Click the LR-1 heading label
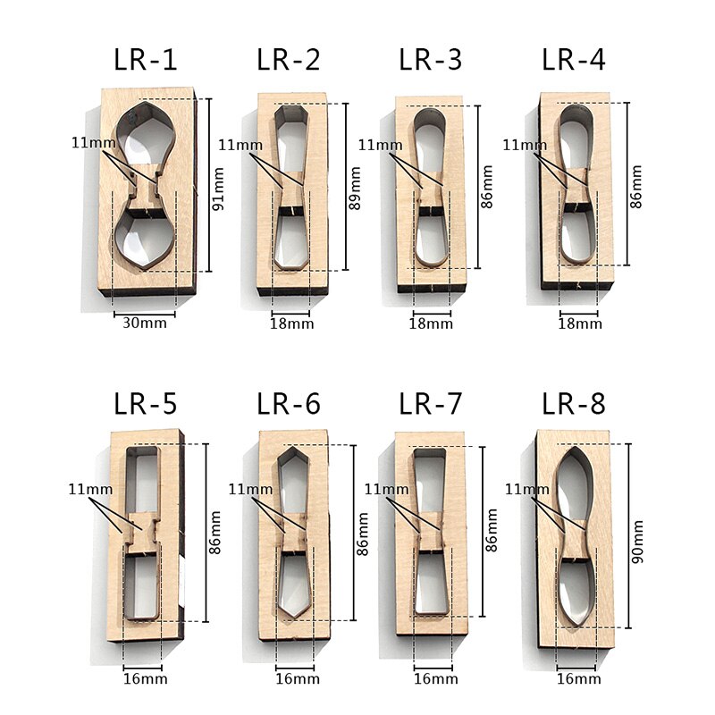(146, 61)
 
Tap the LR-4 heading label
(574, 61)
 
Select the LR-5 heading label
(146, 404)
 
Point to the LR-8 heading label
(574, 404)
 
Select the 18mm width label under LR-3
(432, 323)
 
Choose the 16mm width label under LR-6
(295, 679)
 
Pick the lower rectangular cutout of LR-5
(143, 585)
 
